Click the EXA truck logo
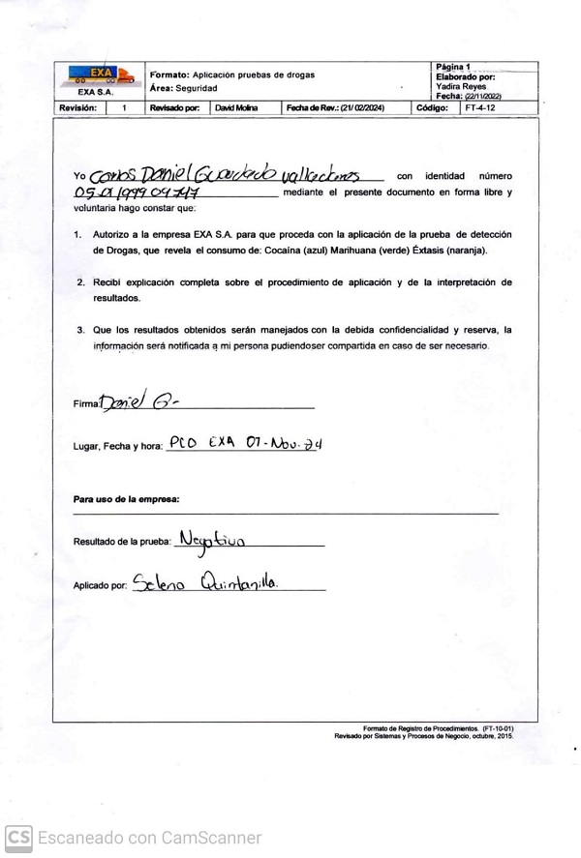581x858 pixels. click(x=97, y=74)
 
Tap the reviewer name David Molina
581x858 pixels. click(x=236, y=108)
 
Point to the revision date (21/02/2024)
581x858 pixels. click(x=359, y=108)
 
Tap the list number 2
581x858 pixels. click(x=80, y=282)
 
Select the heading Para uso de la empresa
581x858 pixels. click(x=126, y=499)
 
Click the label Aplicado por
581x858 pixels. click(x=101, y=586)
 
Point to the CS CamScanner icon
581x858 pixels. click(x=18, y=838)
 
